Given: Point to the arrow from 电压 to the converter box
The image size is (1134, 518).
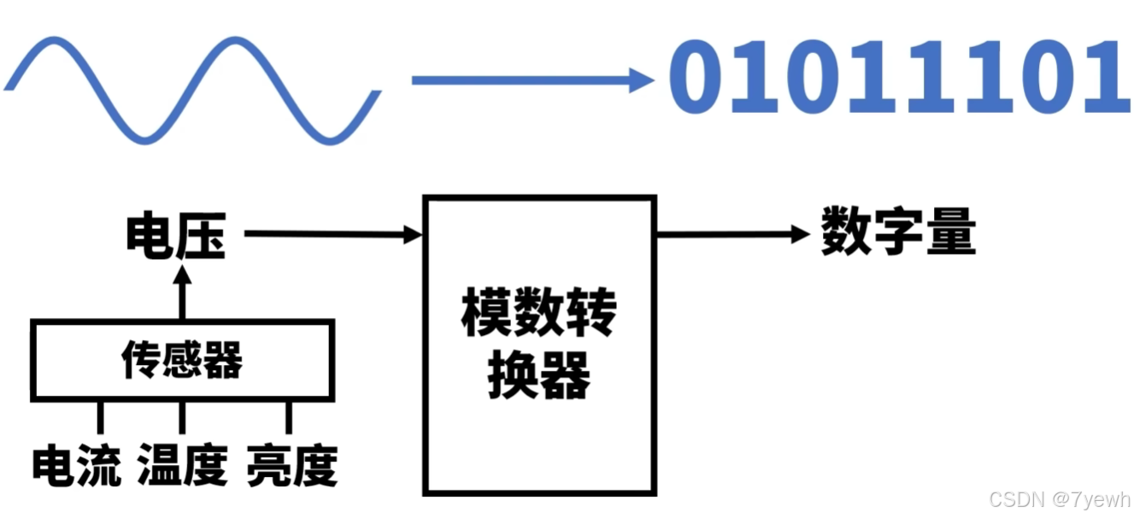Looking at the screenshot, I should click(x=333, y=233).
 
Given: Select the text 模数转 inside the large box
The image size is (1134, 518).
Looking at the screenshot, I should click(x=538, y=315).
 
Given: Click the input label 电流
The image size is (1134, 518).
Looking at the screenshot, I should click(x=77, y=466).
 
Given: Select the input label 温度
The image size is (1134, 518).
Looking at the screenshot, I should click(x=182, y=466).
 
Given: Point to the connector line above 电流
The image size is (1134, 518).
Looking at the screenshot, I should click(x=100, y=417).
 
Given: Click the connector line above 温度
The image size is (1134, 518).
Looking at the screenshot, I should click(x=181, y=417).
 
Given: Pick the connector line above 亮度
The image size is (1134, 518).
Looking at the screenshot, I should click(x=288, y=417).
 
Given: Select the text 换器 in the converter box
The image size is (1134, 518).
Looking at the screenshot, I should click(x=539, y=377).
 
